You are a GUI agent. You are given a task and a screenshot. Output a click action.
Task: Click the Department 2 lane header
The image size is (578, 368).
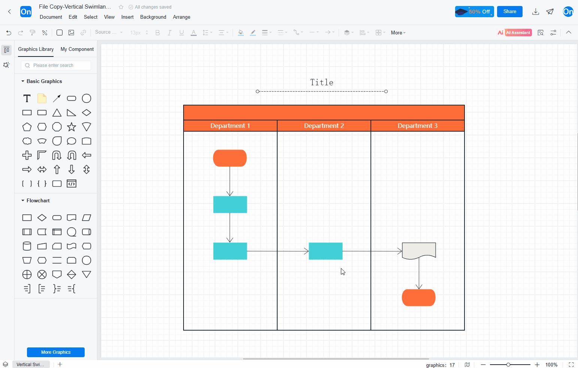[x=324, y=126]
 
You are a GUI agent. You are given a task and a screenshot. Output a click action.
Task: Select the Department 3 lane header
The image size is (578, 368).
[x=418, y=126]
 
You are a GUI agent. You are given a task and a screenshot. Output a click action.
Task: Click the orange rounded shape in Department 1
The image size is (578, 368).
[x=230, y=158]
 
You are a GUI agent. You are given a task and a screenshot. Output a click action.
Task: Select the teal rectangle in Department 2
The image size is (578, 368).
[x=326, y=251]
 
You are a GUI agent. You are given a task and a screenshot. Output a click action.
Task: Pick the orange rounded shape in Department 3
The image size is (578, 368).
[x=418, y=298]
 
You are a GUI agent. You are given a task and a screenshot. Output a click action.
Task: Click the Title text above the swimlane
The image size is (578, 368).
[x=321, y=83]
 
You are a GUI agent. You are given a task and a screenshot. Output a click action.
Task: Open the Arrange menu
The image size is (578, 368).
[x=181, y=17]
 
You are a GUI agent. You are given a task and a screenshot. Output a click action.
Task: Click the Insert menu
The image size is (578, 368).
[x=127, y=17]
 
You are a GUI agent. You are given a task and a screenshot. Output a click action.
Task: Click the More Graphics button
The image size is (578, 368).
[x=56, y=352]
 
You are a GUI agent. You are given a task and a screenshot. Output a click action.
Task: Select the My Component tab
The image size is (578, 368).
[x=77, y=49]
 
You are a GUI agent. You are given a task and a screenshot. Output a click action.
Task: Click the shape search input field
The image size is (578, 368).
[x=56, y=65]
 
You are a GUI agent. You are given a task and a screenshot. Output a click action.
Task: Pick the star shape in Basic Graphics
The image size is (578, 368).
[x=72, y=127]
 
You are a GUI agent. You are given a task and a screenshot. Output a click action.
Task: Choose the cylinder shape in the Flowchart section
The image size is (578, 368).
[x=27, y=246]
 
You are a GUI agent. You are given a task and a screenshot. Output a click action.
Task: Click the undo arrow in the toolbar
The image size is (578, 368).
[x=9, y=33]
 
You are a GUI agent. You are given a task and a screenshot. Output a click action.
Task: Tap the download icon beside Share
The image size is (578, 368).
[x=536, y=12]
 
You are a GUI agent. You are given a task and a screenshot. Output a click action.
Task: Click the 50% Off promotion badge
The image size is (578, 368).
[x=474, y=12]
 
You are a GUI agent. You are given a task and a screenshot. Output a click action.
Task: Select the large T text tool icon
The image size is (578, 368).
[x=27, y=98]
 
